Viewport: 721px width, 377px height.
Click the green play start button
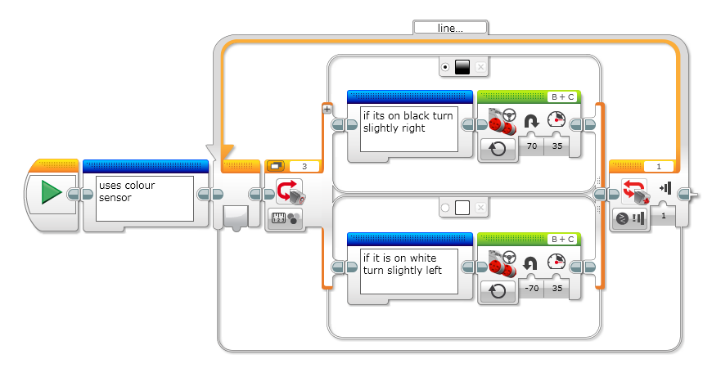point(52,192)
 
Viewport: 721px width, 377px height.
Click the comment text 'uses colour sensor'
point(144,197)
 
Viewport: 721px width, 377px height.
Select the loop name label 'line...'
point(450,27)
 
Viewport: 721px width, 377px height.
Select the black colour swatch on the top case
point(462,67)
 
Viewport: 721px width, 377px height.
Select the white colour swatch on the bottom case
point(462,208)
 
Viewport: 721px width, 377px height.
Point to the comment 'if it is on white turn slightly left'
point(408,265)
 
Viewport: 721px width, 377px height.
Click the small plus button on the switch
point(327,108)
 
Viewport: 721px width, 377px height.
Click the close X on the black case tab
point(481,67)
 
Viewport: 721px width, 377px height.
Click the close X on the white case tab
point(481,208)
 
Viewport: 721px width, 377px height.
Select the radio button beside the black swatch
point(444,67)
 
